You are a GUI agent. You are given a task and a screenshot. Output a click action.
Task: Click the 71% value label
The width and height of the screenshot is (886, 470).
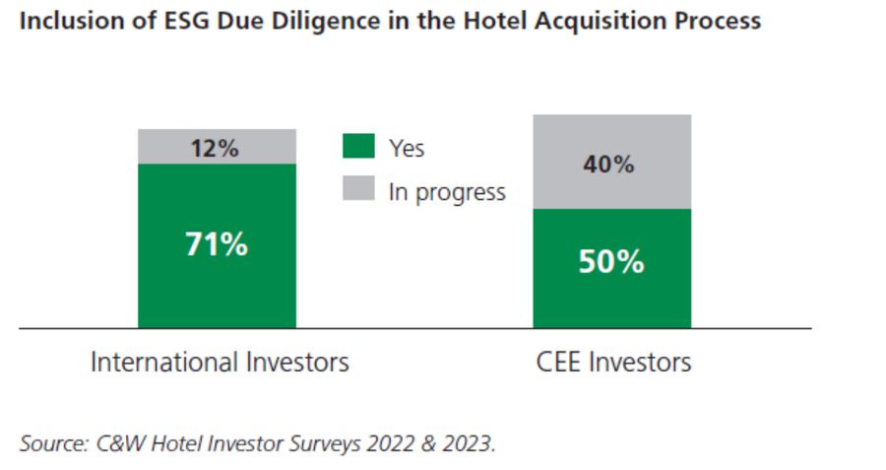point(217,244)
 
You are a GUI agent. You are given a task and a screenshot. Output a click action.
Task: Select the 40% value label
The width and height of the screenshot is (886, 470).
point(610,164)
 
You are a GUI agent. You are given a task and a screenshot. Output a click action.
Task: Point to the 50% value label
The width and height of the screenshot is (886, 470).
point(610,262)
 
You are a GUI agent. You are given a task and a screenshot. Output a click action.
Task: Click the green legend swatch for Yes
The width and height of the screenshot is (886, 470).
point(358,148)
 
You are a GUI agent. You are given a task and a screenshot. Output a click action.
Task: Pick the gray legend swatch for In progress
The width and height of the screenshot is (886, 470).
point(358,189)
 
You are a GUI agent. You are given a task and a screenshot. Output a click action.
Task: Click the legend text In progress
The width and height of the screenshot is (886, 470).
point(447,191)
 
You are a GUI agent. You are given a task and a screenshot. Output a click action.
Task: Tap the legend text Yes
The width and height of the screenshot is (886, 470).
point(407,149)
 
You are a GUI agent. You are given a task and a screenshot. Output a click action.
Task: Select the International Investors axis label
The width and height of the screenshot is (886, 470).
point(220,362)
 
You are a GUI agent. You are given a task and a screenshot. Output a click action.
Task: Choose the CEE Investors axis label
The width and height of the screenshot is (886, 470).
point(613,362)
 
